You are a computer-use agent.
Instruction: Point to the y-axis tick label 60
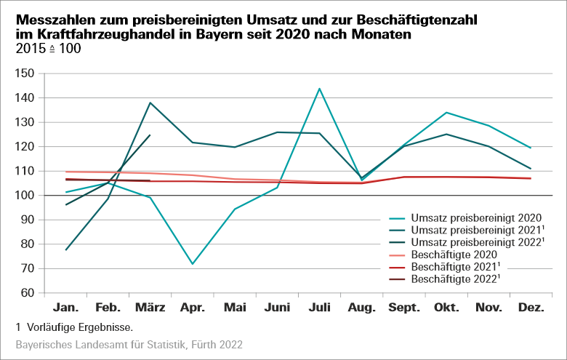28,293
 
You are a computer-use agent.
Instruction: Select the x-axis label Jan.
66,308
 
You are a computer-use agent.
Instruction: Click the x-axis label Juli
319,308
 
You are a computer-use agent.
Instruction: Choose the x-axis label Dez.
531,308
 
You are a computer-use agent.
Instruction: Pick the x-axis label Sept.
403,308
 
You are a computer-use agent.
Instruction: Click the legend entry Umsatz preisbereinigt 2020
475,217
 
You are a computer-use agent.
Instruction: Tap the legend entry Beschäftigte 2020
454,254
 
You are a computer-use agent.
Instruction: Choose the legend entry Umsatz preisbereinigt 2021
476,230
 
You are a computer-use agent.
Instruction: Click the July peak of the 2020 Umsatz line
319,89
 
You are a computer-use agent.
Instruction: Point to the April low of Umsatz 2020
193,264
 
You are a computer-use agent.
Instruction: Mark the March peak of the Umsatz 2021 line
150,103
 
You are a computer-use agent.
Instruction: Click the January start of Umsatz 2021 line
66,250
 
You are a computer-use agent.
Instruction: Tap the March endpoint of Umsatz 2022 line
150,135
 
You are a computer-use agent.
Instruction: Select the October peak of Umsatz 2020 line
446,113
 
